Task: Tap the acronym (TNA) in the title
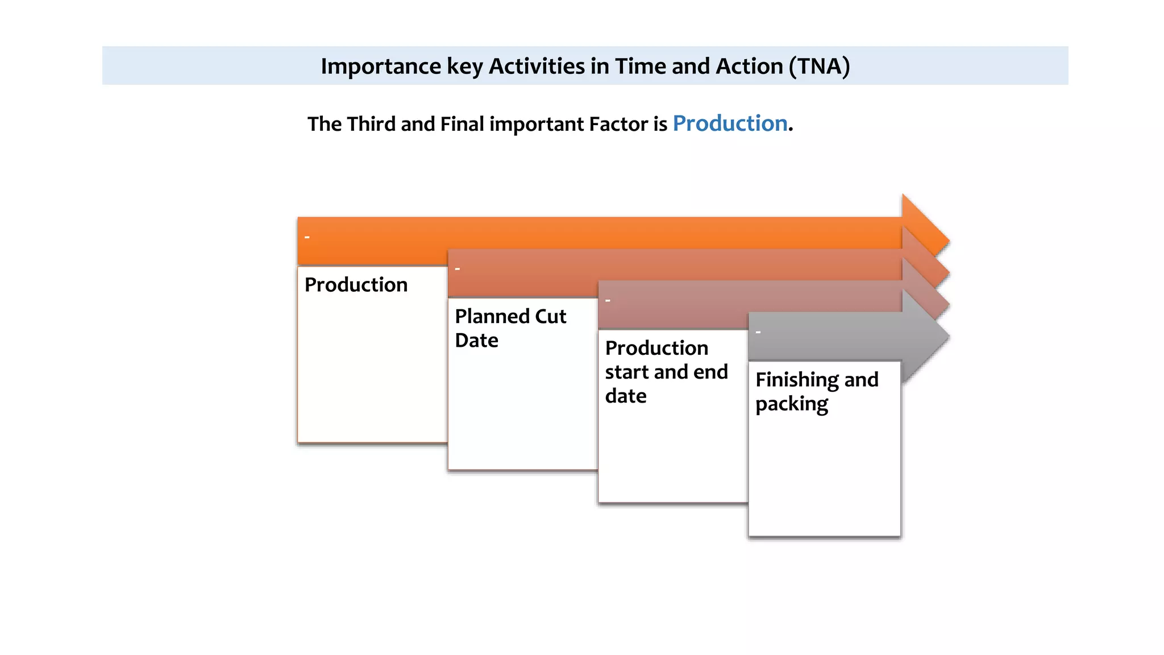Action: pyautogui.click(x=819, y=67)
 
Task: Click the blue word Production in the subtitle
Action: pyautogui.click(x=730, y=123)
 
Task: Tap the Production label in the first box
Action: pyautogui.click(x=356, y=285)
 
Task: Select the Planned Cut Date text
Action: pyautogui.click(x=510, y=328)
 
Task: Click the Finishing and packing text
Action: pyautogui.click(x=816, y=391)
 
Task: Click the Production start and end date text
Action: pyautogui.click(x=666, y=372)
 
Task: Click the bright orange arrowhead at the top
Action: pyautogui.click(x=924, y=225)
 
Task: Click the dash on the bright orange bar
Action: pyautogui.click(x=307, y=237)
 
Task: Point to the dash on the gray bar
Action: pyautogui.click(x=758, y=332)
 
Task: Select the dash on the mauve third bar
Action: pyautogui.click(x=608, y=300)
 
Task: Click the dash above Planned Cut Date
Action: pyautogui.click(x=458, y=268)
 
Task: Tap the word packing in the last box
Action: pyautogui.click(x=791, y=404)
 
